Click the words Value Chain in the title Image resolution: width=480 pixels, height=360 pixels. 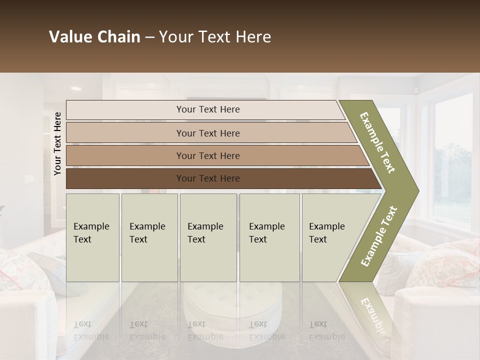(94, 37)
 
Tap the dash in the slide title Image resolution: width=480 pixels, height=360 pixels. (149, 37)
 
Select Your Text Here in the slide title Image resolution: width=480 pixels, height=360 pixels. (215, 37)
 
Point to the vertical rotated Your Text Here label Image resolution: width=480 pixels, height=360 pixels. (57, 143)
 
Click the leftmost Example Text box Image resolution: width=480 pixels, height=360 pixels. (92, 237)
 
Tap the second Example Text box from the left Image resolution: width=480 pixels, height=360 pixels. (149, 237)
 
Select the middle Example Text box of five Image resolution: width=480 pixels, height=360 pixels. (208, 237)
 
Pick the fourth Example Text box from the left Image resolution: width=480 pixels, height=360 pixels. (269, 237)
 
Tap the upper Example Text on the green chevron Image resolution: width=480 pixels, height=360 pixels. (378, 143)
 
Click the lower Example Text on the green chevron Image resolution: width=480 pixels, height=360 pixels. (379, 236)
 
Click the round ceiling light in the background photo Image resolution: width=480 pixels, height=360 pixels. (76, 88)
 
